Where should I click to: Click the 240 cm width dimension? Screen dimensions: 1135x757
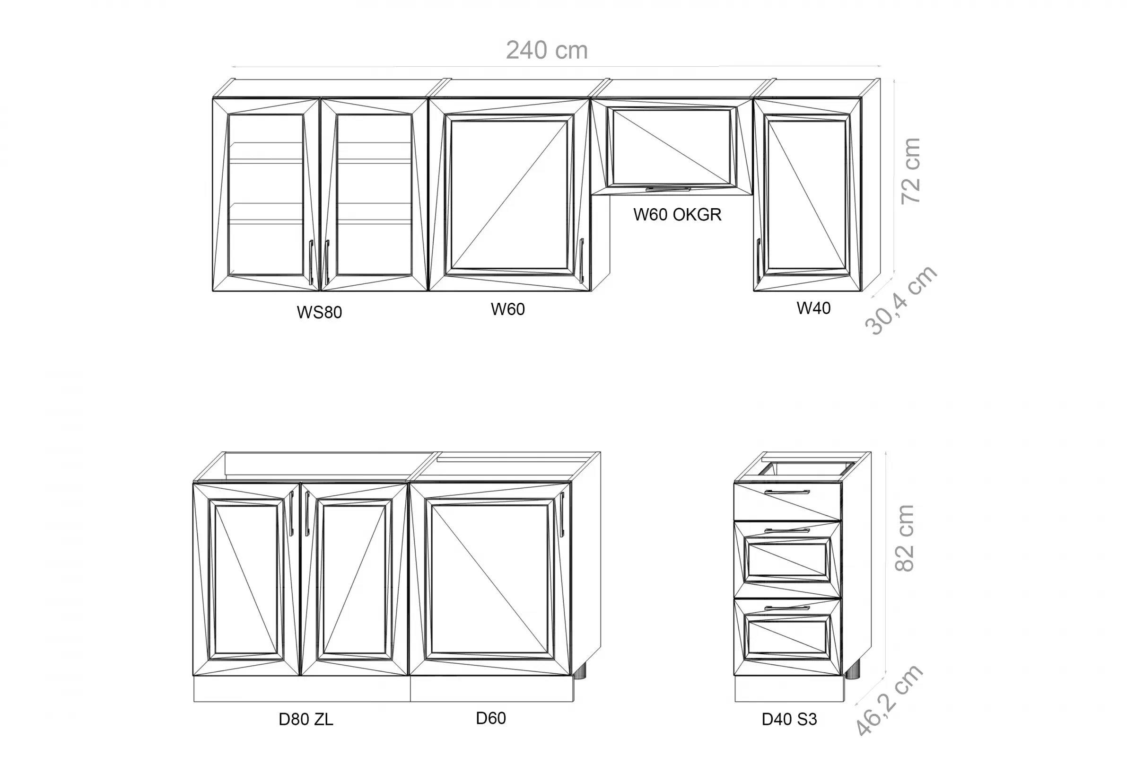coord(547,51)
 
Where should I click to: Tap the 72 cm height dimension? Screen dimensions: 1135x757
coord(911,170)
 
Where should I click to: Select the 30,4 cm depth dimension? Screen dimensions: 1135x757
coord(900,300)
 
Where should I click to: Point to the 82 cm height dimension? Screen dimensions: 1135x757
coord(904,538)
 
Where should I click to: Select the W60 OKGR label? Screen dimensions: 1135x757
coord(677,214)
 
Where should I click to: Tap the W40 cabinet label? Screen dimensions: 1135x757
coord(813,308)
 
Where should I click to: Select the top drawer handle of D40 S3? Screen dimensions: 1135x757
coord(787,492)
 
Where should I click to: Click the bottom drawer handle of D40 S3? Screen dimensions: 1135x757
coord(787,608)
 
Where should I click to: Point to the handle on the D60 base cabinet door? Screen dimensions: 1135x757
coord(562,514)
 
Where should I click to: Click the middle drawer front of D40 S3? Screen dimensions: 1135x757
coord(787,560)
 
